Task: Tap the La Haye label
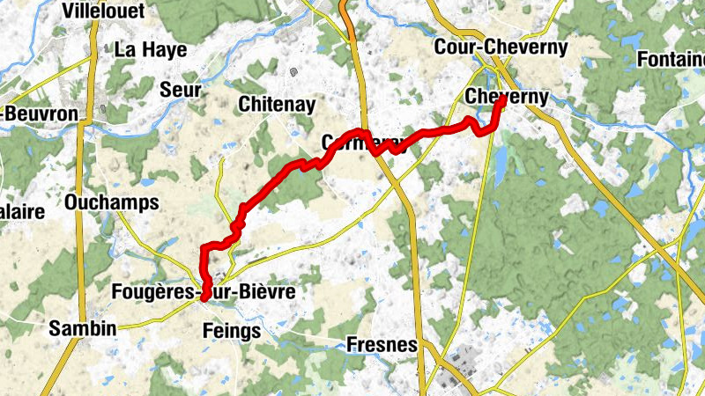[x=151, y=49]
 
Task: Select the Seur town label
[x=181, y=90]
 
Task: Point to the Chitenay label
[x=277, y=104]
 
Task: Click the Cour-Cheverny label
[x=501, y=48]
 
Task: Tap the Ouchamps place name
[x=112, y=202]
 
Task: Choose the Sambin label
[x=83, y=328]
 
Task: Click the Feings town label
[x=232, y=331]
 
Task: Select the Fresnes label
[x=382, y=344]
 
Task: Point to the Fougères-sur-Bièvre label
[x=204, y=290]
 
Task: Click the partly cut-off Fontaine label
[x=673, y=59]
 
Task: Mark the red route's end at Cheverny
[x=501, y=99]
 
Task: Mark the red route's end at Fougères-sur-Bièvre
[x=204, y=299]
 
